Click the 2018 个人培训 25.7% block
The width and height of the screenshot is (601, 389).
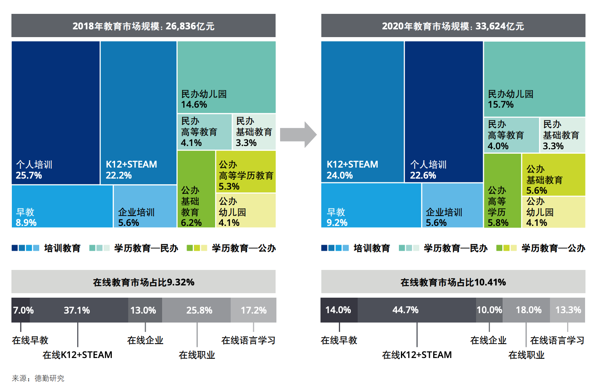pos(56,112)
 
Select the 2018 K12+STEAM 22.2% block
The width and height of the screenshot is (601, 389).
pos(138,112)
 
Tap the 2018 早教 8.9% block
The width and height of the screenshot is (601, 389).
pos(62,206)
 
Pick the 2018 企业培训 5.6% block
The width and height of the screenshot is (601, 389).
pos(145,206)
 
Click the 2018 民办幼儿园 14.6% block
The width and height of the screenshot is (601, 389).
pos(227,77)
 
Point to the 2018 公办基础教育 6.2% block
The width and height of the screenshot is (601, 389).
pos(196,189)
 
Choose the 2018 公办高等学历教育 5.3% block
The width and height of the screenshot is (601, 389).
pos(246,171)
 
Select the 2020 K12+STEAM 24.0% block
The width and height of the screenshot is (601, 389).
pos(362,111)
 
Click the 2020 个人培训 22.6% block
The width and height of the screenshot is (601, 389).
pos(444,111)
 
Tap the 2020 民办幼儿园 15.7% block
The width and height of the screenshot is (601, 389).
pos(534,79)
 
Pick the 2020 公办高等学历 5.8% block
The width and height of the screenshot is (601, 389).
pos(502,190)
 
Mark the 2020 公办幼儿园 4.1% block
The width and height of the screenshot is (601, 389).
pos(554,212)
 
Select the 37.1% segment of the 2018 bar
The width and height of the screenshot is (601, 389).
pos(77,310)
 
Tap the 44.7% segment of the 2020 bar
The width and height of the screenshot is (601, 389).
pos(417,310)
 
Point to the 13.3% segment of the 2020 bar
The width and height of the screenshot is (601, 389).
pos(568,310)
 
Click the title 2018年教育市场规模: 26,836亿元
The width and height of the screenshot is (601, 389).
pos(143,26)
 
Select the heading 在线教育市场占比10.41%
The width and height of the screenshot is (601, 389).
pos(453,282)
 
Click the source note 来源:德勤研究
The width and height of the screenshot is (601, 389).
pos(38,378)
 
